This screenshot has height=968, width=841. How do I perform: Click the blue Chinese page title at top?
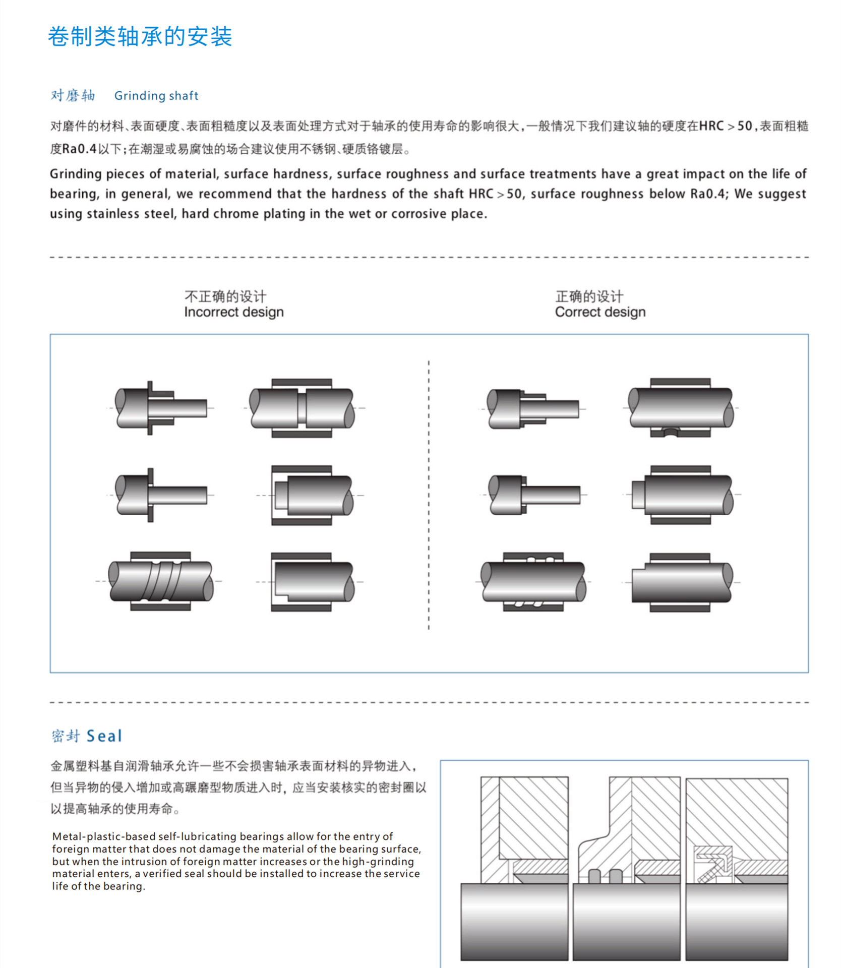[x=140, y=37]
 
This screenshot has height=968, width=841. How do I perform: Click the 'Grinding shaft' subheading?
[x=156, y=96]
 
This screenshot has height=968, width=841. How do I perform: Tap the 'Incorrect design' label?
[x=233, y=312]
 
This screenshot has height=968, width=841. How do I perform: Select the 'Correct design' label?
[x=600, y=312]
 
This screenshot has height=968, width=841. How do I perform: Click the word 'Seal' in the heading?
[x=104, y=736]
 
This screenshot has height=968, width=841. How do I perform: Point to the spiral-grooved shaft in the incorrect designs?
[x=160, y=581]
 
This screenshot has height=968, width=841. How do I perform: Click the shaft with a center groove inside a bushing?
[x=302, y=408]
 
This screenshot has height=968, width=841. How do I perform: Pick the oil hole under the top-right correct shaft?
[x=670, y=432]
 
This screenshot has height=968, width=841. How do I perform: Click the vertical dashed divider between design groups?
[x=429, y=494]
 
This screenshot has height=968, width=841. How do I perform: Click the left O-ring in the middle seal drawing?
[x=594, y=876]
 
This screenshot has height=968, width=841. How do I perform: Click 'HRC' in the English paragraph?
[x=481, y=194]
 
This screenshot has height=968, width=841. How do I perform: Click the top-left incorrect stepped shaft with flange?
[x=160, y=408]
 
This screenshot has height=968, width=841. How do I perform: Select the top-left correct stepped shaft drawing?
[x=532, y=408]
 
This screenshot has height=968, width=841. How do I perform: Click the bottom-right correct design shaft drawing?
[x=681, y=582]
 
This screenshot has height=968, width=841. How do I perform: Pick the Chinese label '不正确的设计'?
[x=225, y=296]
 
